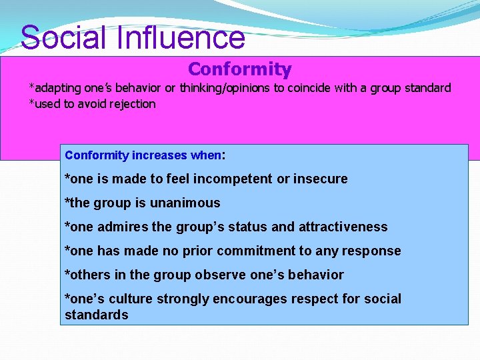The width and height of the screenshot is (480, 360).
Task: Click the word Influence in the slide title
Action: (181, 37)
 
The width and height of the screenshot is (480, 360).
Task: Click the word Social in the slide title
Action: (64, 37)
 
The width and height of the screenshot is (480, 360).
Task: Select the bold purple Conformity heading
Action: (239, 69)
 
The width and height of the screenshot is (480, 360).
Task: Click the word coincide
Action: (309, 88)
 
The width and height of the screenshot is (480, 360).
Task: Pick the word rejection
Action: (133, 104)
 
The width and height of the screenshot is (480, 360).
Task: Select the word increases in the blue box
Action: (159, 155)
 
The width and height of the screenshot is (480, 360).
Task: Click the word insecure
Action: (321, 179)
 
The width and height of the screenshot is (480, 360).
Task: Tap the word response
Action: (375, 251)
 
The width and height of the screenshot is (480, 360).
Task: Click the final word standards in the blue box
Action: (96, 315)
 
